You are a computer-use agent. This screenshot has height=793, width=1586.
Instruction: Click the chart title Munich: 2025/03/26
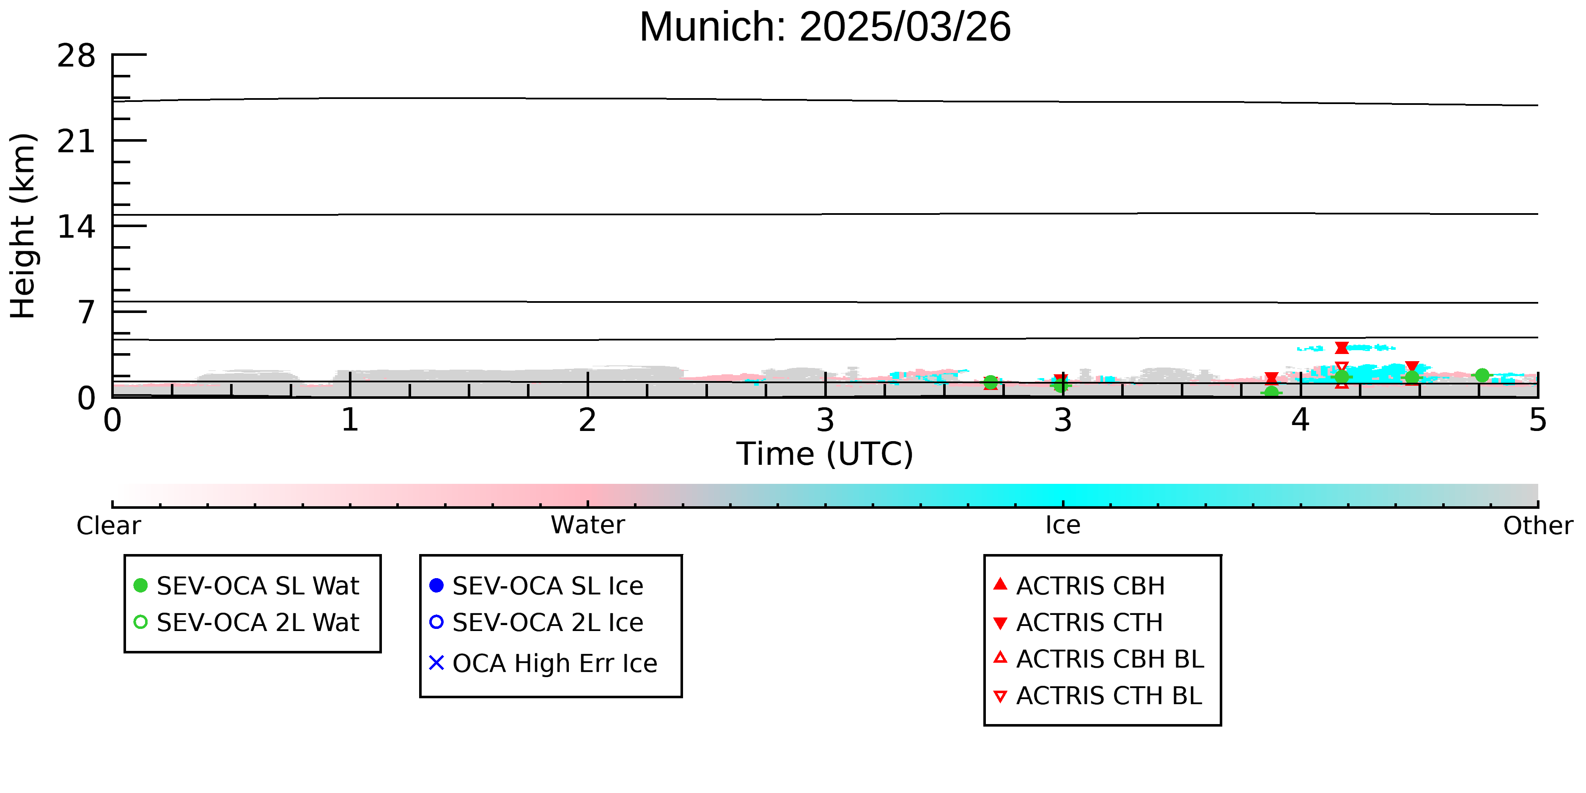[x=825, y=27]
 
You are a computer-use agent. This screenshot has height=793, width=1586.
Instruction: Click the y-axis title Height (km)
[x=23, y=226]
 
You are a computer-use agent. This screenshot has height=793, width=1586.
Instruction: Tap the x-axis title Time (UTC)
[x=825, y=454]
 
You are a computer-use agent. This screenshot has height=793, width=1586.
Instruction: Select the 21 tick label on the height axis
[x=77, y=142]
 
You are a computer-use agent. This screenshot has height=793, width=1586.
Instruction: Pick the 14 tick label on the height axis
[x=77, y=227]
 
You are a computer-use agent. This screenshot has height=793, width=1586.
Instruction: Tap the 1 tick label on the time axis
[x=350, y=420]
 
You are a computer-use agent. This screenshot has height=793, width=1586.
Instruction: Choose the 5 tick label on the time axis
[x=1538, y=420]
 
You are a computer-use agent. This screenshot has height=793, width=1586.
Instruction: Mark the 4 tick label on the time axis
[x=1301, y=420]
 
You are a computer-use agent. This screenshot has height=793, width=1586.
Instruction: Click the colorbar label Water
[x=588, y=525]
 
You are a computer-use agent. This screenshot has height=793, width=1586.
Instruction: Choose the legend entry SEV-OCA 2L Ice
[x=536, y=623]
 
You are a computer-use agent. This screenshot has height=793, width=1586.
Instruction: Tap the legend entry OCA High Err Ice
[x=543, y=664]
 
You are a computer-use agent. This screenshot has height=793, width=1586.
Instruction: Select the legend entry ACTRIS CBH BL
[x=1099, y=659]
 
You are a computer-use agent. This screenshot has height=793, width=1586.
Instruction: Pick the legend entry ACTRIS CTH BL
[x=1098, y=696]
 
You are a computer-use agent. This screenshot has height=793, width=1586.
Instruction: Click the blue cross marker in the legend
[x=436, y=663]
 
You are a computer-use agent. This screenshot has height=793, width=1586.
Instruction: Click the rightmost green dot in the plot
[x=1482, y=376]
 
